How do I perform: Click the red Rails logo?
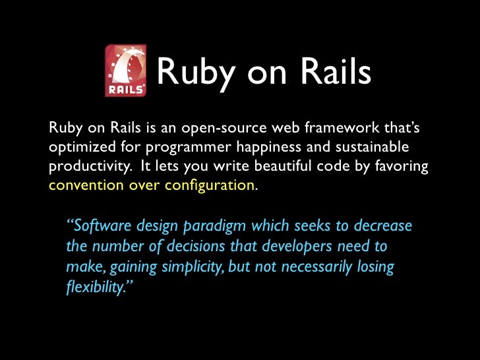point(125,71)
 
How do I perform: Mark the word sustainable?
point(375,146)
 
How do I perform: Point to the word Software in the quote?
point(101,227)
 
